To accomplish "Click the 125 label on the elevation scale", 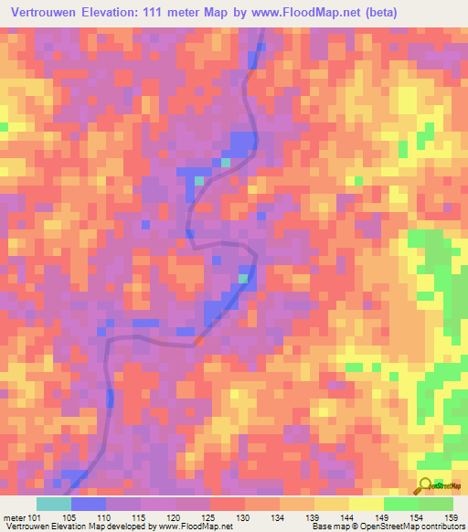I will [209, 516].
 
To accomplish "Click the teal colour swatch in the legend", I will [54, 504].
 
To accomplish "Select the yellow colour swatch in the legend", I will [366, 504].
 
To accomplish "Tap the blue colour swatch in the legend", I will [89, 504].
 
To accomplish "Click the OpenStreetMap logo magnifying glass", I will [426, 485].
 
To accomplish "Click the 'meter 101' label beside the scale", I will [22, 516].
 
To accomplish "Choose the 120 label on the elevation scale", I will [175, 516].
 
